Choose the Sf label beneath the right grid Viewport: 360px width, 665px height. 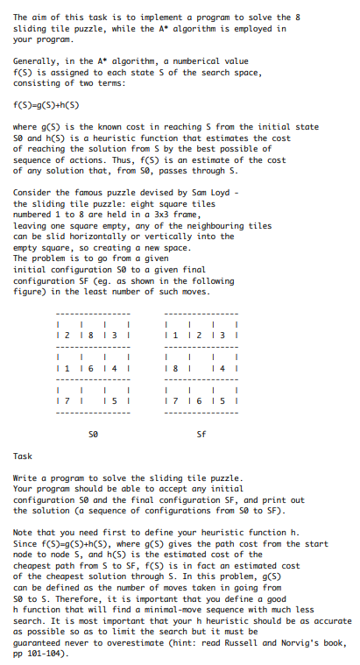[x=201, y=432]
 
